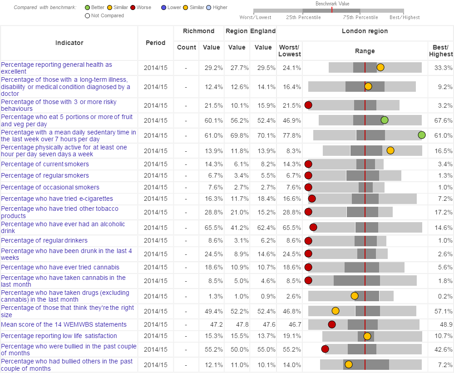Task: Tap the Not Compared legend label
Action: (x=107, y=15)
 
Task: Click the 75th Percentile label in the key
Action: (x=360, y=17)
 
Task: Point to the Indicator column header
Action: (x=69, y=43)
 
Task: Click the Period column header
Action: (x=155, y=43)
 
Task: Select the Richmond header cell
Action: (x=198, y=31)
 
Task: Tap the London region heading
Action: (x=365, y=31)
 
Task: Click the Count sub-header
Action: (x=186, y=47)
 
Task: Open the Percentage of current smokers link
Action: (x=45, y=164)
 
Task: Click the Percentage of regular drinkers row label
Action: (x=44, y=240)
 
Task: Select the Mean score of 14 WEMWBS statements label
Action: (x=64, y=324)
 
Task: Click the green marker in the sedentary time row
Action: (x=421, y=135)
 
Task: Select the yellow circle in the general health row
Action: (x=380, y=67)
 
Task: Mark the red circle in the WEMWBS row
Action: (x=332, y=324)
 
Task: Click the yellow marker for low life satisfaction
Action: (x=367, y=336)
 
